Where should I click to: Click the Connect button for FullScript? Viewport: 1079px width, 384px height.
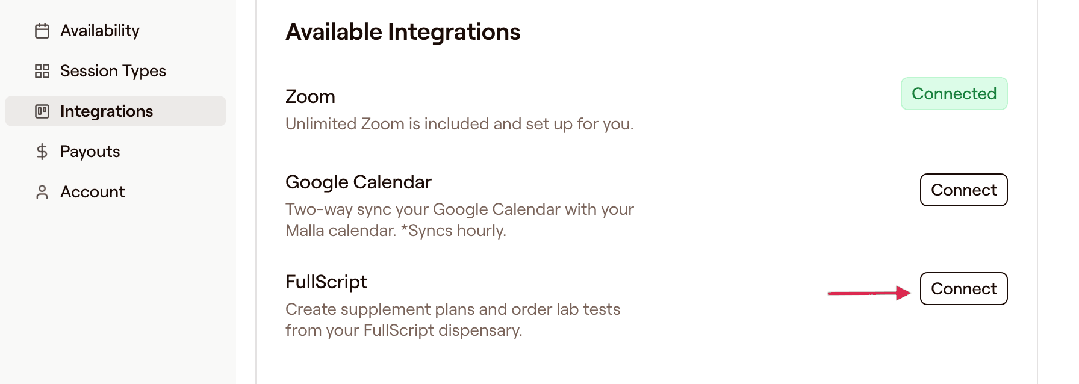point(963,289)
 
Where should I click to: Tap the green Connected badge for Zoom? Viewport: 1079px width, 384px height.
point(954,94)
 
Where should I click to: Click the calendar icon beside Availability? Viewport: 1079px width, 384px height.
point(42,31)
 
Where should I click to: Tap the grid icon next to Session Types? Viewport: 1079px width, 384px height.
point(42,71)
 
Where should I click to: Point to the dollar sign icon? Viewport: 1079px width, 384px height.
point(42,152)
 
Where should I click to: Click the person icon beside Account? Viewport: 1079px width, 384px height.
point(42,192)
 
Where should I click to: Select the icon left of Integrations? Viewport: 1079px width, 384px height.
point(42,111)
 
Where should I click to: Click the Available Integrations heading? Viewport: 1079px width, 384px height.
point(403,32)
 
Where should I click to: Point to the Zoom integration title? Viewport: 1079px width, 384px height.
point(310,96)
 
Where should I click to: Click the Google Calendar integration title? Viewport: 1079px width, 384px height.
point(358,182)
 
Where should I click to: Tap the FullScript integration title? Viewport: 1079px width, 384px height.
point(326,282)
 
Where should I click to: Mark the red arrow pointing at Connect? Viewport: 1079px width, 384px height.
point(869,293)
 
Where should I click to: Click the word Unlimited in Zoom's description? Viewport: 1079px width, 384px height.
point(320,124)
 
